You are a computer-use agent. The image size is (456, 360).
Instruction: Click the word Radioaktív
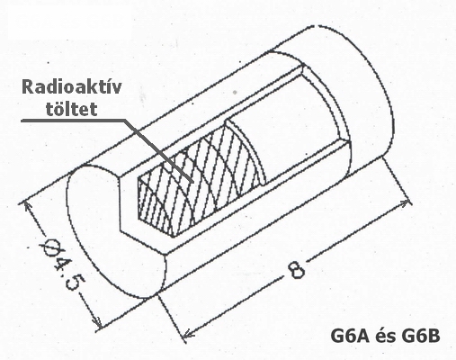click(x=72, y=87)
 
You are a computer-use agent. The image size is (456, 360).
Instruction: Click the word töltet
click(x=71, y=109)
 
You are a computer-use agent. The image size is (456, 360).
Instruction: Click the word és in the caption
click(x=385, y=337)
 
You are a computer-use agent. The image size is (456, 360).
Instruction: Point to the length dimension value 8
click(x=296, y=270)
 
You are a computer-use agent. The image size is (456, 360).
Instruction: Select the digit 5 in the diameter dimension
click(x=74, y=283)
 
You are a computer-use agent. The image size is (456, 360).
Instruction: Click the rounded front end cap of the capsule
click(x=115, y=231)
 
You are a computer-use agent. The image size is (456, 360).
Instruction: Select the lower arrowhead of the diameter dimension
click(x=97, y=323)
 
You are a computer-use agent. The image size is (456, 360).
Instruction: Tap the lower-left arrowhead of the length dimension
click(x=188, y=334)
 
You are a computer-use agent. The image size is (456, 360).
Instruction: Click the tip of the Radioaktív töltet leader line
click(x=192, y=182)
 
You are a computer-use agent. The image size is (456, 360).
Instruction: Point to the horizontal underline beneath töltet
click(x=73, y=121)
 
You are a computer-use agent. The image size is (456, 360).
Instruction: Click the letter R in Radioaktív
click(x=27, y=87)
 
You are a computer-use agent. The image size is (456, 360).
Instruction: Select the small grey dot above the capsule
click(x=236, y=92)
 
